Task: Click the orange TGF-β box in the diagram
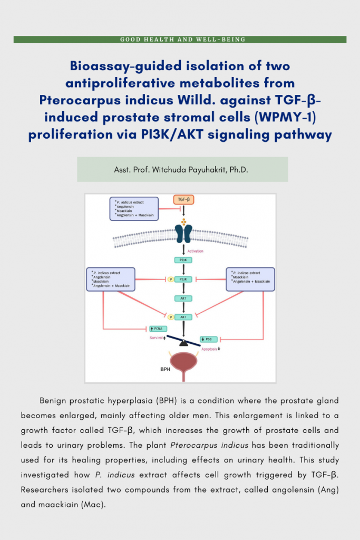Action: point(183,200)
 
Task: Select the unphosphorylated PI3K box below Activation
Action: point(183,260)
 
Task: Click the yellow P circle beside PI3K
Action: point(170,279)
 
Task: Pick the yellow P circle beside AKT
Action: point(170,317)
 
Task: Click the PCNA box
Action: point(157,329)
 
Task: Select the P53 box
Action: point(209,339)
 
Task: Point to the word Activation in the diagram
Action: point(195,251)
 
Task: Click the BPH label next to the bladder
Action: point(165,370)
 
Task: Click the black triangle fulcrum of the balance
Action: point(183,343)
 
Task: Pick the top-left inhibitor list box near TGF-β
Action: point(134,208)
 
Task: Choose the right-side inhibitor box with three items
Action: point(250,278)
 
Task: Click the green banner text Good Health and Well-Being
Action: point(182,40)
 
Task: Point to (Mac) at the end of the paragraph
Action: point(94,505)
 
